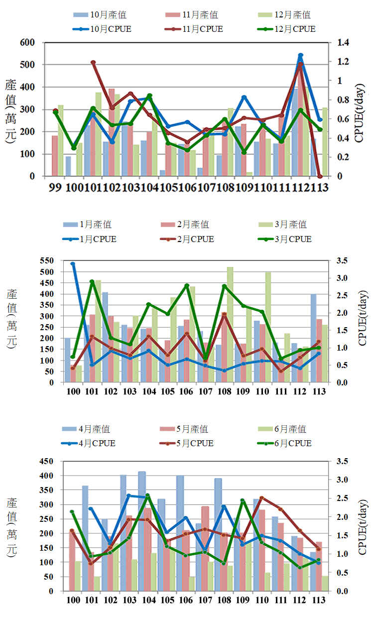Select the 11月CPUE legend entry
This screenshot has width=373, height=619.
tap(194, 29)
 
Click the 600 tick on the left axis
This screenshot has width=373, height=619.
tap(27, 43)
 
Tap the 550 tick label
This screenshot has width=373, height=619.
tap(48, 260)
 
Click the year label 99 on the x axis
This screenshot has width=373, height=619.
tap(56, 188)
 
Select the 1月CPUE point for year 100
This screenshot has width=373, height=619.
tap(73, 263)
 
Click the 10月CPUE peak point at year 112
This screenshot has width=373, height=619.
tap(301, 55)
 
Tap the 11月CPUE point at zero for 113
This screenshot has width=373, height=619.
tap(320, 176)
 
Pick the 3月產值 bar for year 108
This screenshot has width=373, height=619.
tap(230, 324)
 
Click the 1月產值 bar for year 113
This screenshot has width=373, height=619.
tap(313, 338)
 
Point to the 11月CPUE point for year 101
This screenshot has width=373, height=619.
tap(93, 62)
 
